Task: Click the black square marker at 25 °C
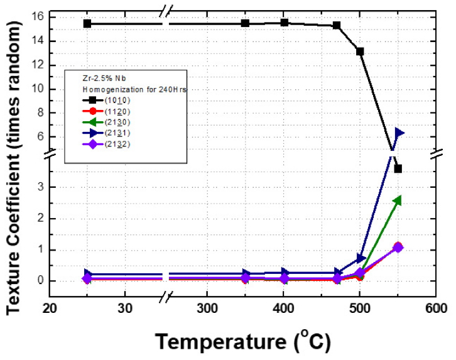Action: click(x=87, y=23)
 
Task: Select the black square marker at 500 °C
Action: click(x=360, y=52)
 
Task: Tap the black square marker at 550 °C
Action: click(x=398, y=168)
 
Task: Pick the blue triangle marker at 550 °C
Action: click(x=398, y=133)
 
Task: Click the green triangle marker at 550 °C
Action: click(x=397, y=200)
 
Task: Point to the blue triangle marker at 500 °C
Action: click(x=361, y=258)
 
